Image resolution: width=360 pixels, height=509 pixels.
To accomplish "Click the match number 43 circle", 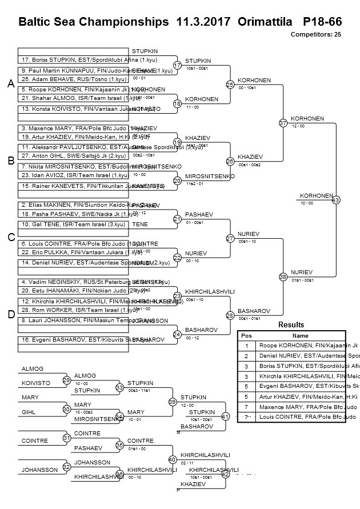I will click(335, 200).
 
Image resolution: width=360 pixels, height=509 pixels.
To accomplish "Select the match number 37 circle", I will click(283, 123).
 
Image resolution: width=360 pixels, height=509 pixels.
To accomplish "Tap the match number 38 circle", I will click(283, 276).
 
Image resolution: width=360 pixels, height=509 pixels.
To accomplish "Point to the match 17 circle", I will click(177, 65).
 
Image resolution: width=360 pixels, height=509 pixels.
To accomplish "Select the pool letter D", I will click(10, 314).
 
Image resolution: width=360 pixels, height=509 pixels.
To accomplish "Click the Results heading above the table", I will click(291, 324).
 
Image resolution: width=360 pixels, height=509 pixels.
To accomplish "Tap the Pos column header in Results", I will click(246, 336).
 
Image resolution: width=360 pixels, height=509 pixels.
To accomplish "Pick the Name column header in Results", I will click(300, 336).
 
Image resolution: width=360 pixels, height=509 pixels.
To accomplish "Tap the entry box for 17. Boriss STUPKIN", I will click(89, 60).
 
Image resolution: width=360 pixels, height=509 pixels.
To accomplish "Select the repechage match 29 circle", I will click(66, 380).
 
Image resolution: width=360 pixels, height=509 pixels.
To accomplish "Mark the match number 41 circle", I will click(225, 416).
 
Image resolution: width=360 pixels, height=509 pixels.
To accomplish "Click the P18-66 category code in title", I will click(322, 22).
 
